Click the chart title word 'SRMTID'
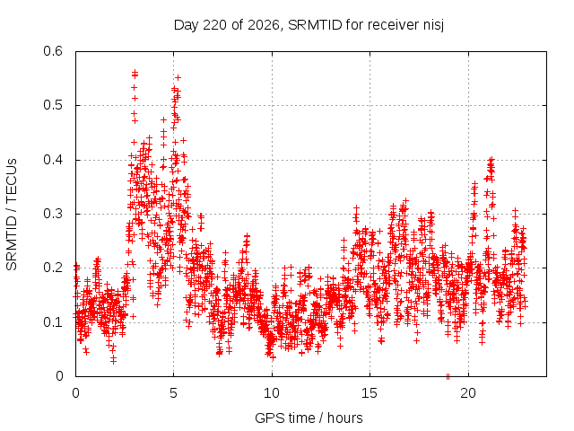(x=315, y=25)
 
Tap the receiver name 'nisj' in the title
(x=433, y=26)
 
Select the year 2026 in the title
(x=264, y=25)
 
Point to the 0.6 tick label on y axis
(x=53, y=51)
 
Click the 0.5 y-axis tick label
(x=53, y=105)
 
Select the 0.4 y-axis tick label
(x=53, y=160)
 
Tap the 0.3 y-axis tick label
(x=53, y=214)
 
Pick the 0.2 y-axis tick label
(x=53, y=268)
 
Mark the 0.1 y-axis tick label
(x=53, y=322)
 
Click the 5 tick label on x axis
(x=173, y=393)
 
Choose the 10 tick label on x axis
(x=272, y=393)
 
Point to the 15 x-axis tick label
(x=370, y=393)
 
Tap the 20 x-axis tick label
(x=468, y=393)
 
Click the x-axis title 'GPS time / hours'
(x=309, y=418)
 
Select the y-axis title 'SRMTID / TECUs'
(x=12, y=215)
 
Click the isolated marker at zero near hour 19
(x=448, y=376)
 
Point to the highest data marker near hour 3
(x=135, y=72)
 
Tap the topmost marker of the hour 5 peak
(x=178, y=78)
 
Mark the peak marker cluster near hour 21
(x=491, y=167)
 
